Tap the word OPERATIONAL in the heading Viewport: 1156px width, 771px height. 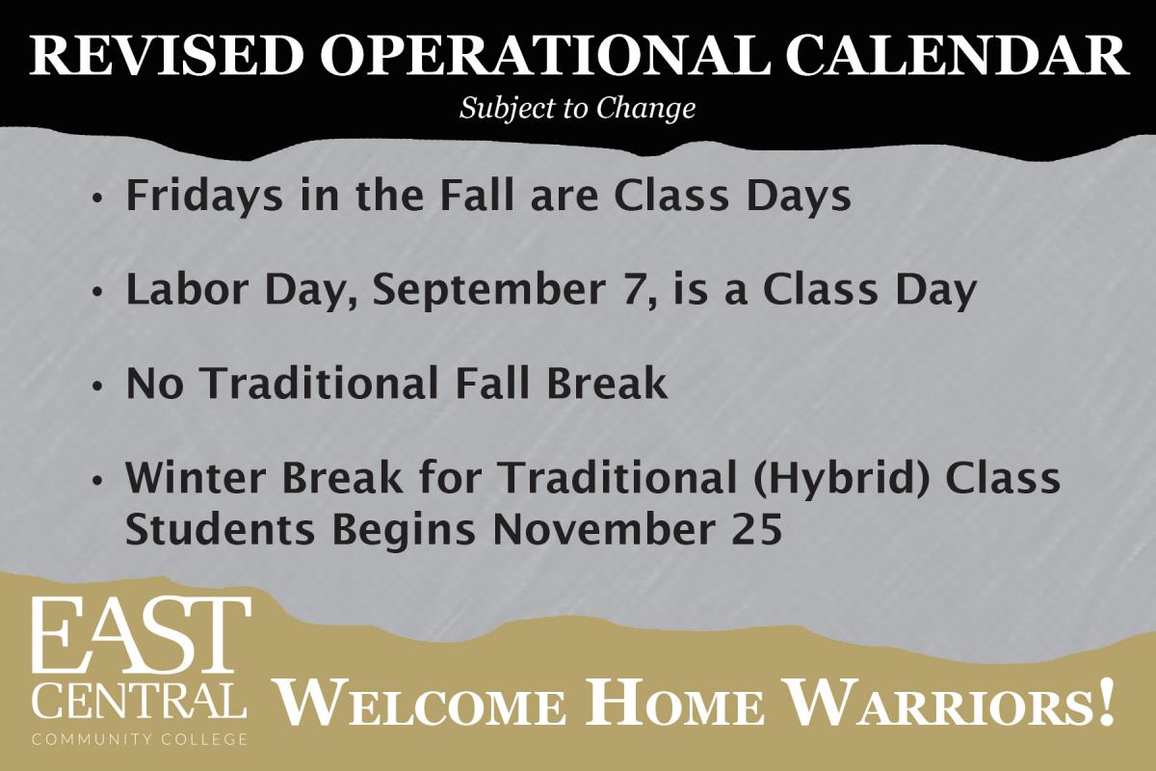546,56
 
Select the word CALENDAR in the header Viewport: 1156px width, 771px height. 957,56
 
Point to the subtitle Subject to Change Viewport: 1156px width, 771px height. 577,109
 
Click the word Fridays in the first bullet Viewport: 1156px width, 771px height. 205,197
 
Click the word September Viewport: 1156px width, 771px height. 489,291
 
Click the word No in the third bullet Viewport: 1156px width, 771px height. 155,384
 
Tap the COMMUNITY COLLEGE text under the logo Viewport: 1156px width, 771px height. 140,739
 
